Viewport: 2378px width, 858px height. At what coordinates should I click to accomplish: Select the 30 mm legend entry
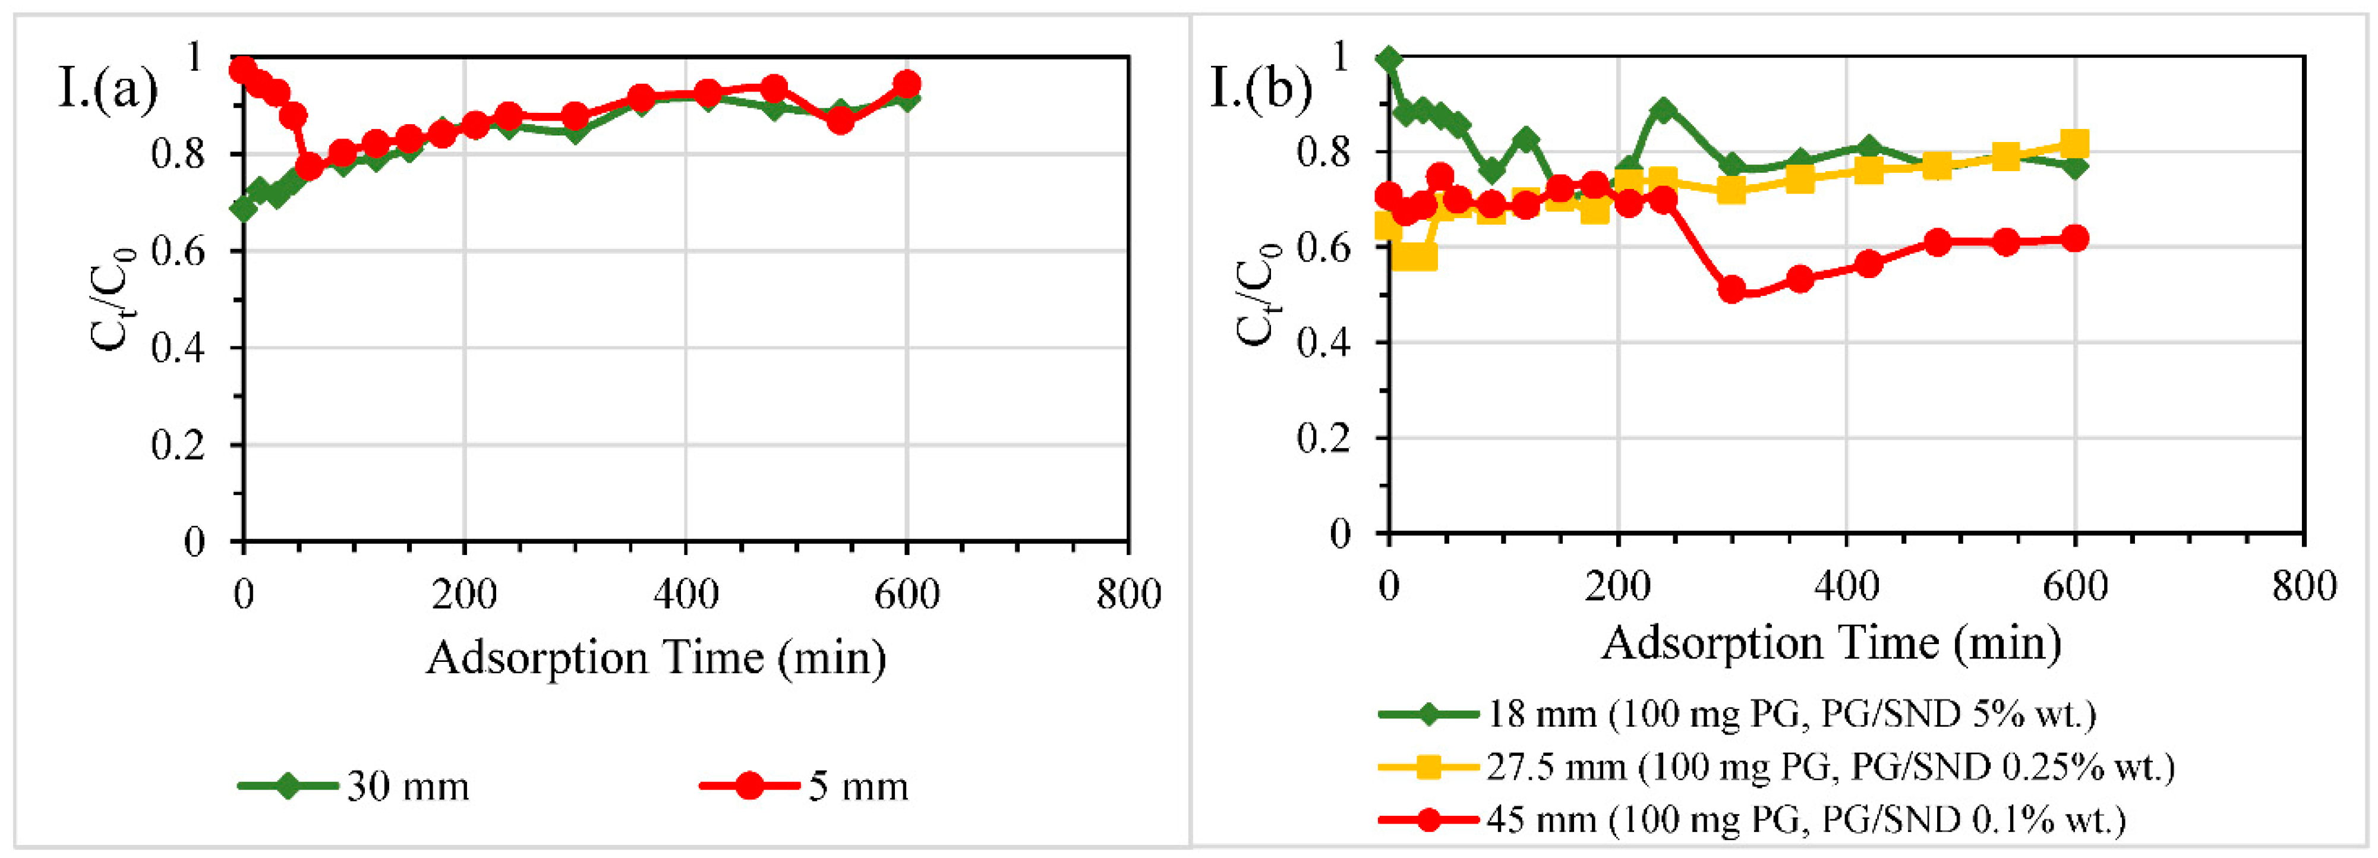(407, 786)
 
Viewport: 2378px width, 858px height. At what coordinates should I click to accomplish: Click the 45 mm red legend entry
(1805, 819)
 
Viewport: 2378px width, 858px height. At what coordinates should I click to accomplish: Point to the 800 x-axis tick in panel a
(1128, 593)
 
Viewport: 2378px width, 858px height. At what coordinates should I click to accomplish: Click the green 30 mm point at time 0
(244, 209)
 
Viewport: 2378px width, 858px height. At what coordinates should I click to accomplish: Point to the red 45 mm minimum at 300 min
(1732, 290)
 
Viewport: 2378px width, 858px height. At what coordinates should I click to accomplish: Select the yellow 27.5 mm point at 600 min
(2074, 144)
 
